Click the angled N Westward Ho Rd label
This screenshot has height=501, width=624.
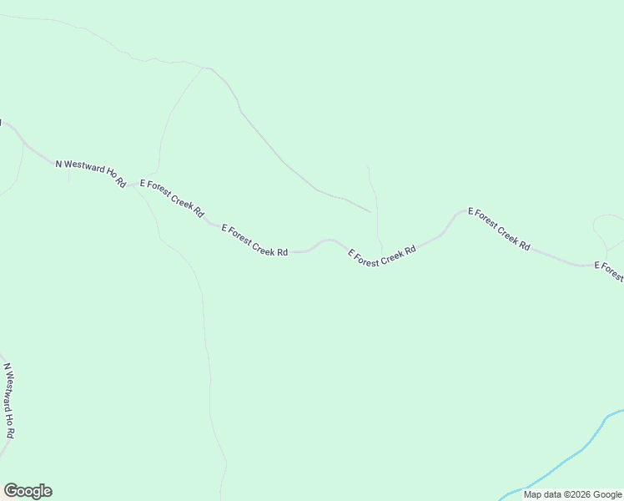tap(90, 173)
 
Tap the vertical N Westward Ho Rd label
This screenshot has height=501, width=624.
tap(9, 401)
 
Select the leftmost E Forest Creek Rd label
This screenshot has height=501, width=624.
tap(172, 198)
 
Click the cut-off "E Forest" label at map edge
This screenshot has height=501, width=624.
tap(608, 271)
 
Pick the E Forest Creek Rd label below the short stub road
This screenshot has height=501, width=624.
tap(381, 256)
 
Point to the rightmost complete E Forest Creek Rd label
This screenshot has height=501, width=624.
tap(499, 229)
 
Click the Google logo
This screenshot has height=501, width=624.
tap(28, 491)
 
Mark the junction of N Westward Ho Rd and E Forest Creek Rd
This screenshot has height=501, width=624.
tap(130, 185)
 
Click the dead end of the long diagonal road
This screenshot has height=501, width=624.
tap(370, 211)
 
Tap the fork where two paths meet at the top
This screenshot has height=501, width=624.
tap(207, 68)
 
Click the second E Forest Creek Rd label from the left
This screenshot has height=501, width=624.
tap(254, 240)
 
